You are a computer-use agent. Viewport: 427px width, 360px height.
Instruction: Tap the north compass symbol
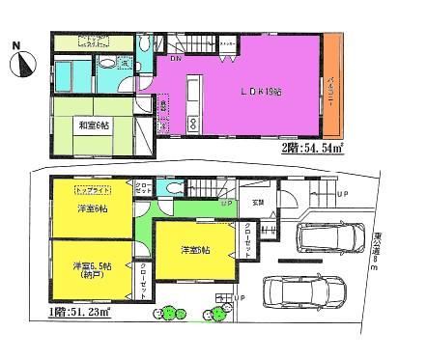pyautogui.click(x=25, y=65)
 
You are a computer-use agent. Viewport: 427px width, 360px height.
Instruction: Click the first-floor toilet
pyautogui.click(x=171, y=190)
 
